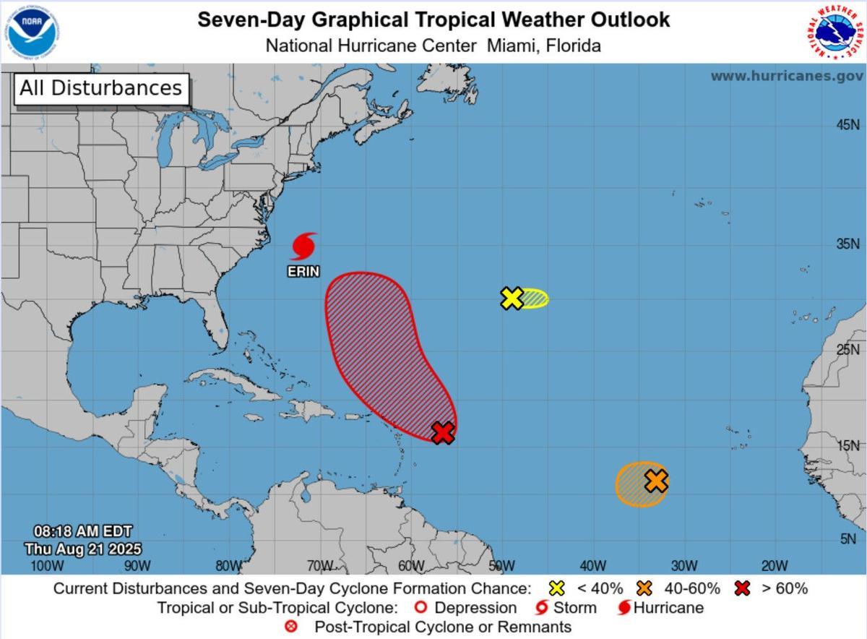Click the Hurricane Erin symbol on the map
[304, 246]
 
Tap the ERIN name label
[304, 272]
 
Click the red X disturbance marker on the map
[443, 433]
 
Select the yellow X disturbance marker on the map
[512, 298]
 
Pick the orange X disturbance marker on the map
[656, 481]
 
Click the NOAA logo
[33, 30]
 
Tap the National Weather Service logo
[834, 32]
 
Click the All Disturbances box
[100, 88]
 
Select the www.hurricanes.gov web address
[786, 76]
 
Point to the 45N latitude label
[847, 125]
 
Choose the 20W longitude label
[774, 565]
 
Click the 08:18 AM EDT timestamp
[82, 532]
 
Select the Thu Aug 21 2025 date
[82, 549]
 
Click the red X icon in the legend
[742, 588]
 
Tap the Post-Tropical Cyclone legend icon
[291, 627]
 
